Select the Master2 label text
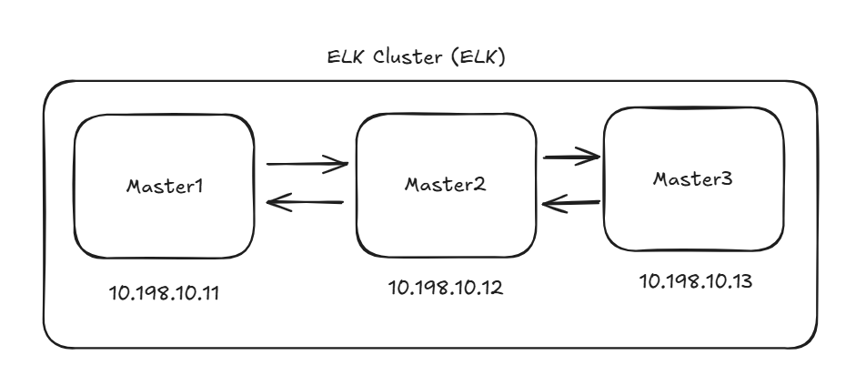point(446,184)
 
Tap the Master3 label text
point(694,178)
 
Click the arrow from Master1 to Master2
point(307,165)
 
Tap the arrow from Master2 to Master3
point(571,157)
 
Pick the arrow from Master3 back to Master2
point(571,204)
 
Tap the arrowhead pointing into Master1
point(273,203)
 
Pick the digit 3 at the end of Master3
point(730,178)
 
